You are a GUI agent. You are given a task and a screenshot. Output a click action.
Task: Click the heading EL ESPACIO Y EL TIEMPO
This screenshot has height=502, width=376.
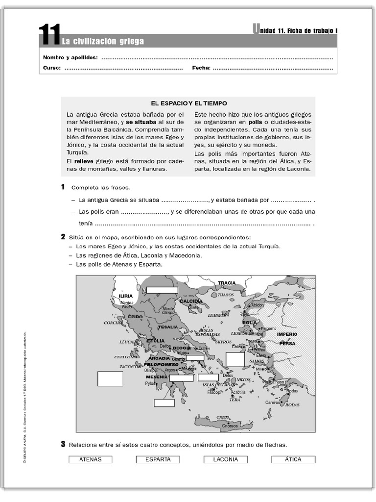click(x=189, y=103)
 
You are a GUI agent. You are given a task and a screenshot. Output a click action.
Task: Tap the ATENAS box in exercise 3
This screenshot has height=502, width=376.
click(x=90, y=459)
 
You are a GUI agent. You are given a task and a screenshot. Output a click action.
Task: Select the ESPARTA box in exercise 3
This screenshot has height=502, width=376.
click(x=158, y=459)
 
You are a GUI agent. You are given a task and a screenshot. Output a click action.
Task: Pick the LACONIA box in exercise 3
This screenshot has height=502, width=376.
click(x=226, y=459)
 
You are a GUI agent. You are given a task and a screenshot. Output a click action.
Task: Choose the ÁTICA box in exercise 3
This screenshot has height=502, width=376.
click(x=293, y=459)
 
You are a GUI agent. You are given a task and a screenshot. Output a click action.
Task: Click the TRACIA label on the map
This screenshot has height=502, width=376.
click(x=227, y=283)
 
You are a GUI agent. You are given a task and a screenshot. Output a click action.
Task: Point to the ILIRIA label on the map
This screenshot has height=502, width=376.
click(x=126, y=297)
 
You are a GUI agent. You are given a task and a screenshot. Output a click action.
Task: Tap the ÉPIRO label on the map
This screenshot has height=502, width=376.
click(x=135, y=317)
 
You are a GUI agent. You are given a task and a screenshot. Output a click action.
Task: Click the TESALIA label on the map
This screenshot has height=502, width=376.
click(x=167, y=327)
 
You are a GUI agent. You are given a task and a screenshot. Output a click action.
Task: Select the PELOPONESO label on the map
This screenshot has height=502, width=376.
click(x=161, y=365)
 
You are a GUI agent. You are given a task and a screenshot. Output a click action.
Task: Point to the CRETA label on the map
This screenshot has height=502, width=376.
click(x=223, y=417)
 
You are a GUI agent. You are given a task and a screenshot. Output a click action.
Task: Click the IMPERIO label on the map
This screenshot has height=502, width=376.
click(x=287, y=334)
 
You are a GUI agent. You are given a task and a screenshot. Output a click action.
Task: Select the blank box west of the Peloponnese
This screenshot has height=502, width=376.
click(x=110, y=379)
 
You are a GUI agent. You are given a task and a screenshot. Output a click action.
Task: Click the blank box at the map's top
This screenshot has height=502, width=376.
click(x=162, y=290)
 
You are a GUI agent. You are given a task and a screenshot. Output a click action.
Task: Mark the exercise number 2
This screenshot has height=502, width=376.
click(x=63, y=237)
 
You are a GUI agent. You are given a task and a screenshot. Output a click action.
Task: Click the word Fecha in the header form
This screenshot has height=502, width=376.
click(x=201, y=68)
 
